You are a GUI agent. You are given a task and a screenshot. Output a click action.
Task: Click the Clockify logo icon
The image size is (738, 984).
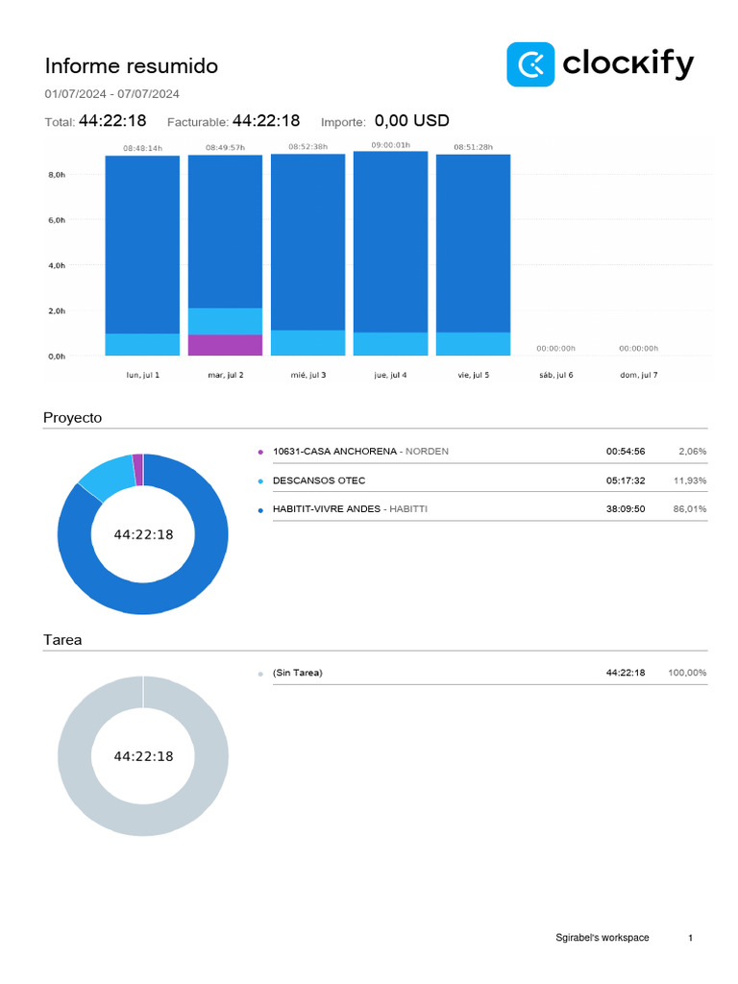click(x=529, y=64)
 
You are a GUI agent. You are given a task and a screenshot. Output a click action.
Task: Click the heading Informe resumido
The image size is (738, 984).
click(x=132, y=66)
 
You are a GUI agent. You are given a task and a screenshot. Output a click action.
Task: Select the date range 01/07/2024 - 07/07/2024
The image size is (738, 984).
click(x=111, y=94)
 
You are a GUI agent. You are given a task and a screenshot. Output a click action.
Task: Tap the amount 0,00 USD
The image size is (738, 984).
click(x=411, y=121)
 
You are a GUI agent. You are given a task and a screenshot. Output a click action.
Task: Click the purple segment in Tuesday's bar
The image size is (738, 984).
click(x=225, y=345)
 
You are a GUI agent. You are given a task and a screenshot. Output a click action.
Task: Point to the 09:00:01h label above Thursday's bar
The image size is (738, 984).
click(x=390, y=145)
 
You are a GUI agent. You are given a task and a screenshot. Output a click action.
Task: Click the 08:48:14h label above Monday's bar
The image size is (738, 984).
click(x=142, y=148)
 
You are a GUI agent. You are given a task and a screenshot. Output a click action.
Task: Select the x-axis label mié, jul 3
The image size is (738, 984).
click(x=307, y=374)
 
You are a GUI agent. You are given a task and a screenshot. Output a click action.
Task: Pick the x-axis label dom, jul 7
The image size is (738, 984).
click(x=638, y=374)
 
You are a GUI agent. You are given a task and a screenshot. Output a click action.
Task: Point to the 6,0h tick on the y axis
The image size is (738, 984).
click(x=57, y=220)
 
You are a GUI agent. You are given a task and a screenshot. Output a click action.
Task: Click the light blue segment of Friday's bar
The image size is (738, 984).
click(x=473, y=344)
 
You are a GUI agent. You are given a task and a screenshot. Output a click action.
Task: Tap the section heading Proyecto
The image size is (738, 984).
click(x=72, y=418)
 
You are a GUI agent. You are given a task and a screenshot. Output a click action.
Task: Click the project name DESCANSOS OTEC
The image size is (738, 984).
click(x=319, y=480)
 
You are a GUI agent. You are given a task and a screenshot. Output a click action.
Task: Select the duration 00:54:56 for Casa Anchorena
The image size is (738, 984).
click(x=625, y=452)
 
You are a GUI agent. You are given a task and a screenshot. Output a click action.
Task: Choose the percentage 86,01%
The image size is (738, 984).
click(x=690, y=509)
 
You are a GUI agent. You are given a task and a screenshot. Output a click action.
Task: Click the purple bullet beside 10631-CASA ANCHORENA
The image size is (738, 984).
click(x=260, y=452)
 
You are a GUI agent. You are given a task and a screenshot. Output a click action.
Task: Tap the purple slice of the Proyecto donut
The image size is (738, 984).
click(x=138, y=469)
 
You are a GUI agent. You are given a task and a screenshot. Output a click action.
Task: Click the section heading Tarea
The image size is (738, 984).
click(x=62, y=640)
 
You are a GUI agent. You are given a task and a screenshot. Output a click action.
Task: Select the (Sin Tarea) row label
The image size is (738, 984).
click(x=298, y=673)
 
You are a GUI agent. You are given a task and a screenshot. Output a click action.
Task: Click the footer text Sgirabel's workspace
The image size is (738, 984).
click(x=602, y=938)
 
